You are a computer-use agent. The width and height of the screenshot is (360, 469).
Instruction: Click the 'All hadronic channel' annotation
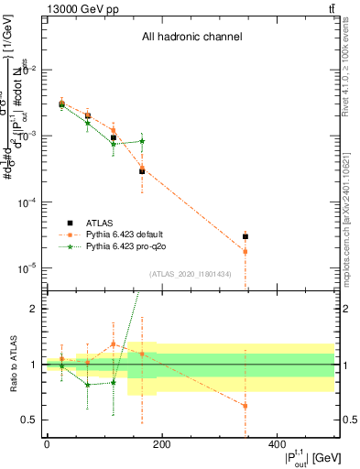[191, 38]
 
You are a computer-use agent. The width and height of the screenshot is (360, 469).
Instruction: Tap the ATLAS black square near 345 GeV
[245, 236]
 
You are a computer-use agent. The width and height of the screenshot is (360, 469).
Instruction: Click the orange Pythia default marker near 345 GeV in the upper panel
[245, 251]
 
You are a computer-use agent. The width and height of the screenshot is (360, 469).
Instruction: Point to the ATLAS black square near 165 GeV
[142, 171]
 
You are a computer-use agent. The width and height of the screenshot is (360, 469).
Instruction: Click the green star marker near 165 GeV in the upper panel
[142, 141]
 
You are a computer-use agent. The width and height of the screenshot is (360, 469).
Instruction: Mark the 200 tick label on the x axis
[161, 444]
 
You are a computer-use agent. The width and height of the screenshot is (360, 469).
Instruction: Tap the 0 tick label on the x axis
[47, 444]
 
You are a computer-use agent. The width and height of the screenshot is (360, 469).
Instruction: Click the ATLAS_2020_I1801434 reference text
[191, 274]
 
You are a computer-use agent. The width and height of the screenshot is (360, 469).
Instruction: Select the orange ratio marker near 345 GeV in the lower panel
[245, 406]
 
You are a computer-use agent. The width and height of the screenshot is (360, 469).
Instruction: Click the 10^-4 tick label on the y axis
[29, 202]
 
